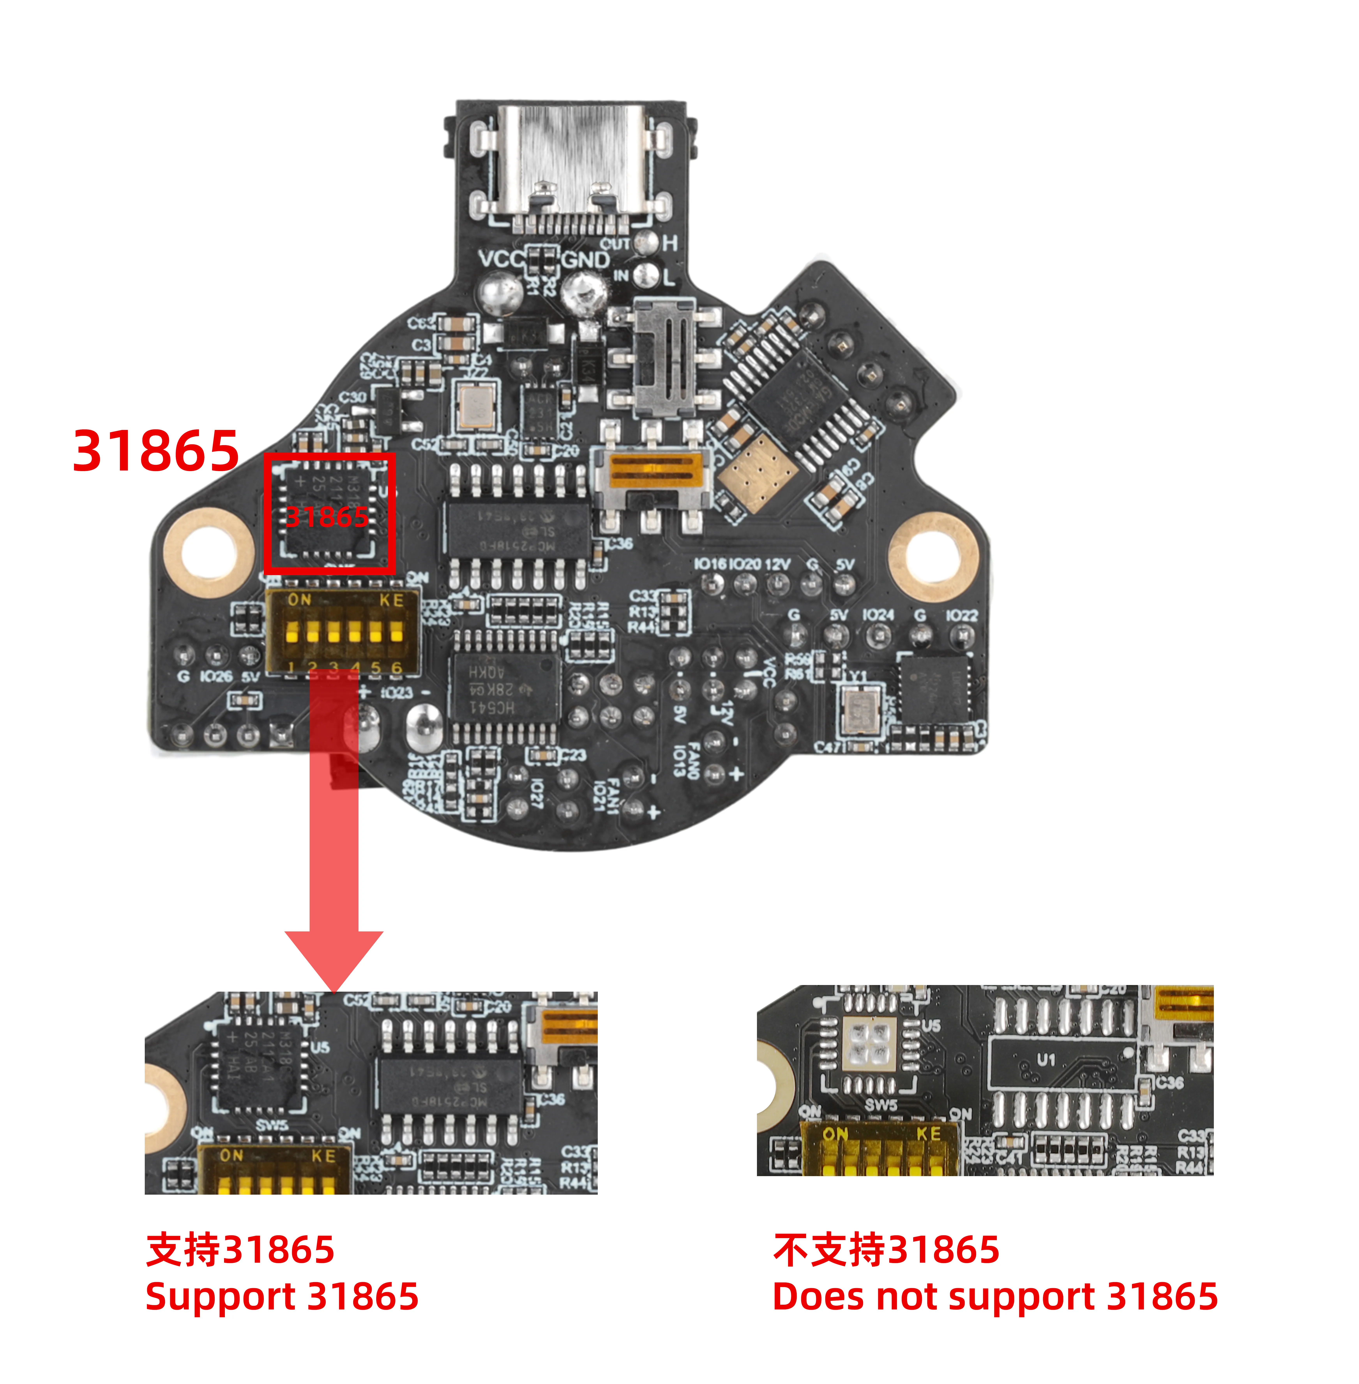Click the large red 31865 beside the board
point(156,451)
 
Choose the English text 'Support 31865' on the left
point(282,1296)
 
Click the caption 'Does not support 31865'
point(995,1296)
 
